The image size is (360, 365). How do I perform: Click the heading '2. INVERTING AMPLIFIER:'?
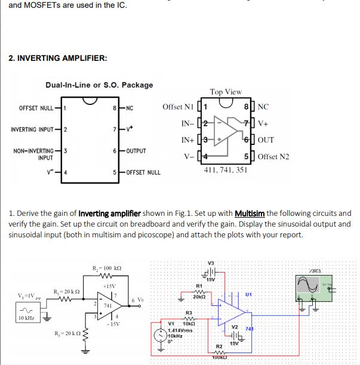pos(58,58)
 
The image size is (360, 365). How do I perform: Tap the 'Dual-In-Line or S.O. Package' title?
pos(99,85)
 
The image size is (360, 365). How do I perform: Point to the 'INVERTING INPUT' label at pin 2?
pos(33,129)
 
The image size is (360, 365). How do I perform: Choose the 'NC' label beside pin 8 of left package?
pos(130,108)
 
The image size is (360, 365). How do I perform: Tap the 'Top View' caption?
pos(226,92)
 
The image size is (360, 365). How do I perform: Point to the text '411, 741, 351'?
pos(225,170)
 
